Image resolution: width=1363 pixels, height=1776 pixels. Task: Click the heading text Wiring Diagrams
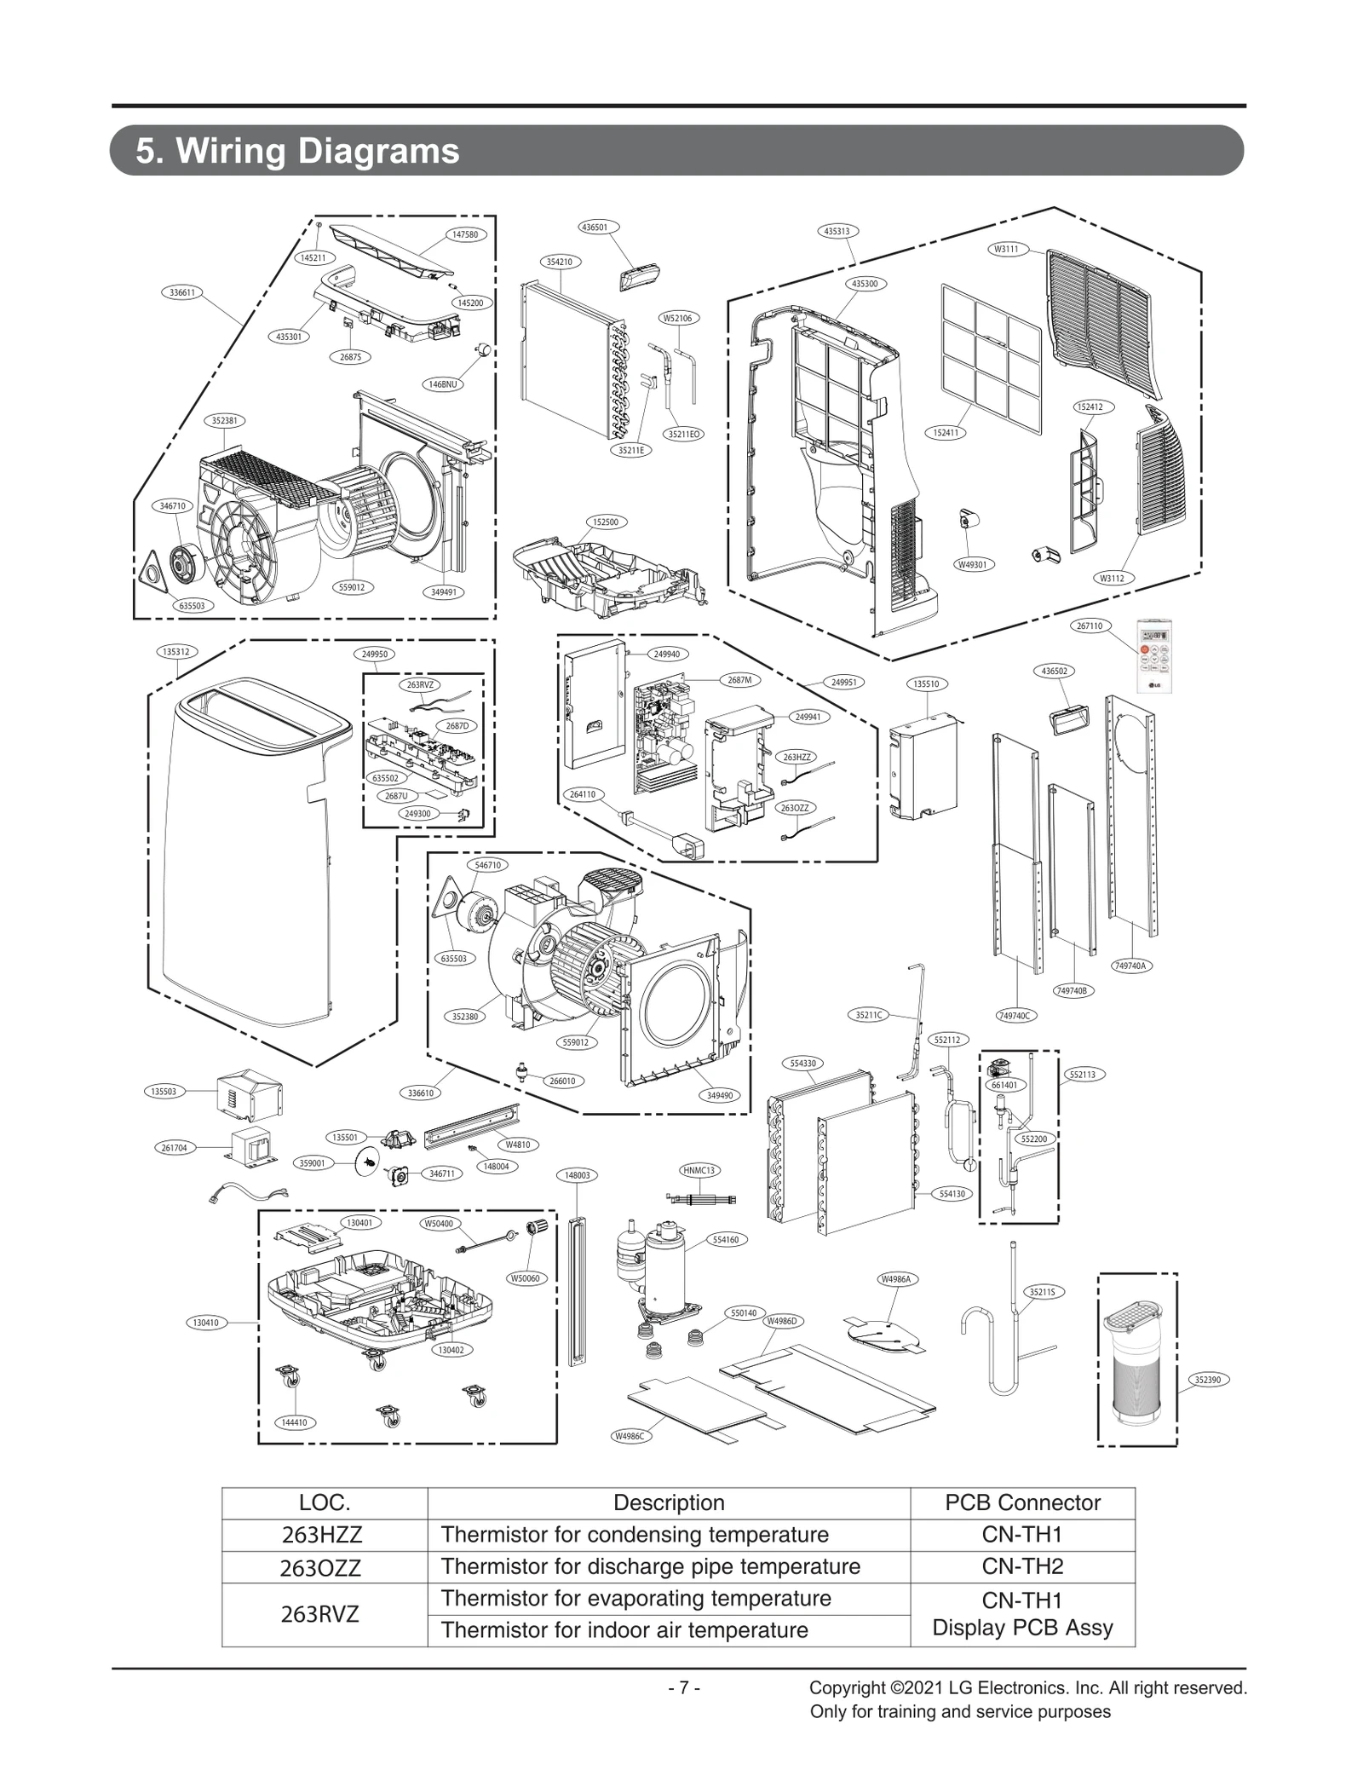tap(297, 152)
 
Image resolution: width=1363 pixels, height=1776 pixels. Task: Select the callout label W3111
tap(1006, 250)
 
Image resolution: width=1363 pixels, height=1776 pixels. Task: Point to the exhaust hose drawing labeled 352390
tap(1137, 1373)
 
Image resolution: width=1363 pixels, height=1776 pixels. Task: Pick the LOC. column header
tap(325, 1502)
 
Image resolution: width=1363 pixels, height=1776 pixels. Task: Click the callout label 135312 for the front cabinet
tap(175, 651)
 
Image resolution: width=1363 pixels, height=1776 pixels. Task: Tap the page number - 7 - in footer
tap(684, 1687)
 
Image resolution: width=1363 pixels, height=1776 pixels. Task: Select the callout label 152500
tap(605, 522)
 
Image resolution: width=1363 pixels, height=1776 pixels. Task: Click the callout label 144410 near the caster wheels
tap(294, 1422)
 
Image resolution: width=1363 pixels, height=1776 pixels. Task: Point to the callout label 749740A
tap(1130, 966)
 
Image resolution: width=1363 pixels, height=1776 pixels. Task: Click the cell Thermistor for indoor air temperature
tap(624, 1630)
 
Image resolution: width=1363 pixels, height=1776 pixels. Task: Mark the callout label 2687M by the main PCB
tap(739, 680)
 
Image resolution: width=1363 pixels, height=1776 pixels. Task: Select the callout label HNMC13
tap(699, 1170)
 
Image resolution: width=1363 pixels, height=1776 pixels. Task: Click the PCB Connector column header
tap(1021, 1502)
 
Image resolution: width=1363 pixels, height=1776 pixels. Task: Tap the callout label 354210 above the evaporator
tap(559, 262)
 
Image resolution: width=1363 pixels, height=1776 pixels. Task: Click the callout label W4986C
tap(632, 1436)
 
